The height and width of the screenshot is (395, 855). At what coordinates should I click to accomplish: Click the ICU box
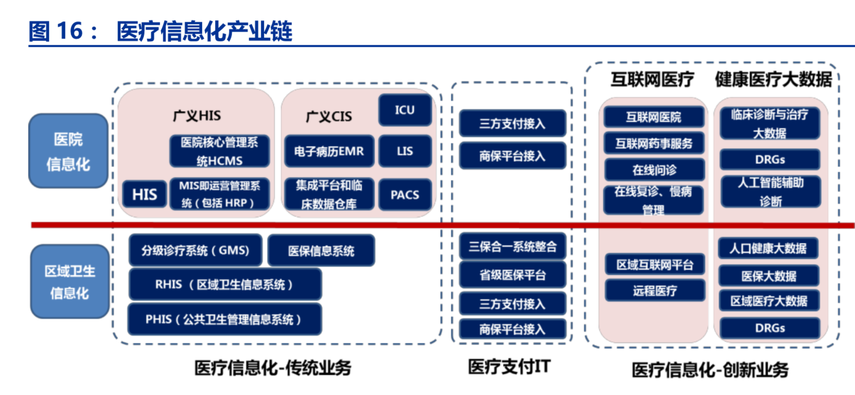[x=405, y=110]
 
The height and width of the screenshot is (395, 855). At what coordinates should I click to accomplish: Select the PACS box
[x=405, y=195]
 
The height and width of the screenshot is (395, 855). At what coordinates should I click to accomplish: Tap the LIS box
[x=405, y=151]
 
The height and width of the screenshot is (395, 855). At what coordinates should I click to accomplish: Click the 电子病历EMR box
[x=329, y=151]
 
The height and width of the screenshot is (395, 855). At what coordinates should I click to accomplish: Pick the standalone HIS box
[x=144, y=194]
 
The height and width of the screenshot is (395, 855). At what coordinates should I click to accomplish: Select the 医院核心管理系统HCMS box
[x=219, y=151]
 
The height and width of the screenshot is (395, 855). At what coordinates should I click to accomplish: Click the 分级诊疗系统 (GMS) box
[x=195, y=251]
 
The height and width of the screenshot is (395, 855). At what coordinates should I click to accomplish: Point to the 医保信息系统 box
[x=321, y=251]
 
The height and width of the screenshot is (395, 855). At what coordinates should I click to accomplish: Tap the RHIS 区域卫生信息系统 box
[x=224, y=285]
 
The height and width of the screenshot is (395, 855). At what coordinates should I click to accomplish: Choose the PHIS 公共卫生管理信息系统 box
[x=224, y=319]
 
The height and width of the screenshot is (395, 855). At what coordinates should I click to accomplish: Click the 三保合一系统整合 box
[x=512, y=246]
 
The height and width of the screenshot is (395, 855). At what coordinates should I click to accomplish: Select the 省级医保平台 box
[x=512, y=275]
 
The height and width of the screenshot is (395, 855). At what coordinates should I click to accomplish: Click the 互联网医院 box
[x=653, y=117]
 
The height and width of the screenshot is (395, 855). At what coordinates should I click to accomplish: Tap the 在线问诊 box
[x=654, y=170]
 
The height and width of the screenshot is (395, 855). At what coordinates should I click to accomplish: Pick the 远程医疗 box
[x=655, y=291]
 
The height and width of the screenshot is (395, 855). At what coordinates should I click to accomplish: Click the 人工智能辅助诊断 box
[x=770, y=192]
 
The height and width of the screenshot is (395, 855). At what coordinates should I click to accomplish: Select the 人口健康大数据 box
[x=768, y=249]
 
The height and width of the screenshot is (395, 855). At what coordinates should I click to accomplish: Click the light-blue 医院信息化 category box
[x=68, y=151]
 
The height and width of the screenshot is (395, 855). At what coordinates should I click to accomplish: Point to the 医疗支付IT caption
[x=509, y=367]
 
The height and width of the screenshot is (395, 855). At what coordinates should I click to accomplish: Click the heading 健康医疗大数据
[x=773, y=80]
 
